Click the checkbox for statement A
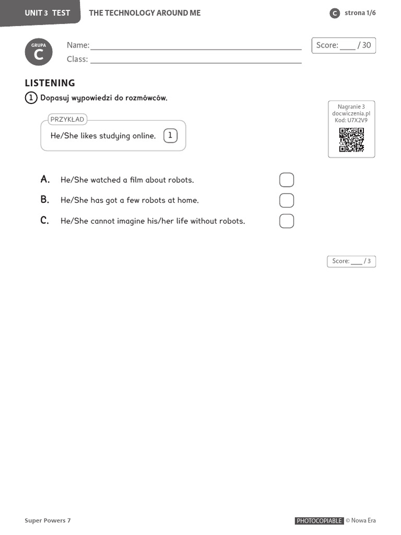287,180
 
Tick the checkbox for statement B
287,200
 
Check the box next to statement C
287,221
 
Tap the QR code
351,140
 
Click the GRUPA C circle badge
39,52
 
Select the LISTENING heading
50,83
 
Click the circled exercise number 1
31,98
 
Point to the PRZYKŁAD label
67,120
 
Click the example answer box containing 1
170,136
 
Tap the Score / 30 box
344,45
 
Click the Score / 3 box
351,261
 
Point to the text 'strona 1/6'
360,13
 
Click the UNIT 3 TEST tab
47,13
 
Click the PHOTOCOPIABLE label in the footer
319,521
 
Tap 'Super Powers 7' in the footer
48,520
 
